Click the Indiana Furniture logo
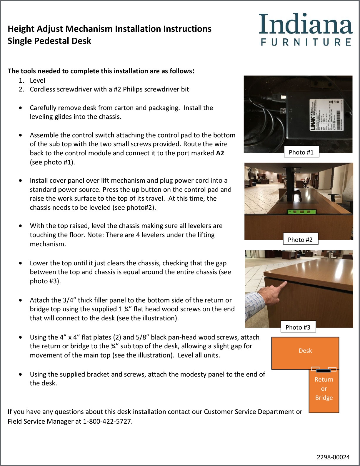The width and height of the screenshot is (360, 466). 306,29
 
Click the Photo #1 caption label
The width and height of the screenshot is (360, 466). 301,152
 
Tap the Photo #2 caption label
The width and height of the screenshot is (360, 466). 300,239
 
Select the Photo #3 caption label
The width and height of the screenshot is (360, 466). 298,327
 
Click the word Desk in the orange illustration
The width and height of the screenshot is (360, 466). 305,351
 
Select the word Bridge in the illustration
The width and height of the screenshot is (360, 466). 324,398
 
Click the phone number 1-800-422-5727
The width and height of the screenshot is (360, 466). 107,421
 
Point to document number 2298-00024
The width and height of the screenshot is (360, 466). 333,457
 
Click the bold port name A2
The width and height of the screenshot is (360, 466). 220,153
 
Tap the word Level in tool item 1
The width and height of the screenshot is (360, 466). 37,80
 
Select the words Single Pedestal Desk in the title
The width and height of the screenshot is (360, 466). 49,41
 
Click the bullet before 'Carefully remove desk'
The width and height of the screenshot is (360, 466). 20,108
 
